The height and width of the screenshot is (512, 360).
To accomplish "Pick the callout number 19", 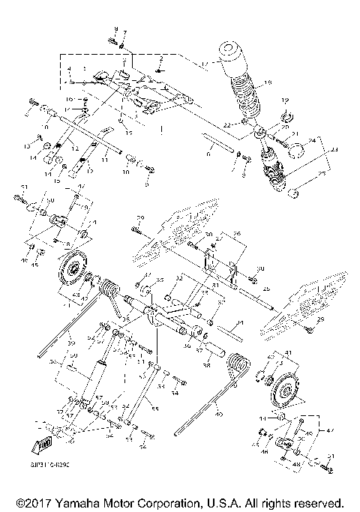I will [284, 100].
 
